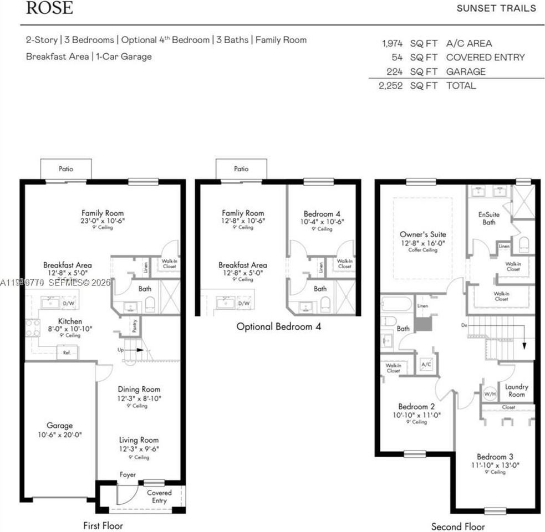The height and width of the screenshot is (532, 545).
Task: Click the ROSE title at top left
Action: tap(49, 8)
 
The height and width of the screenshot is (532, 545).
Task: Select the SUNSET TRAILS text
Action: tap(496, 8)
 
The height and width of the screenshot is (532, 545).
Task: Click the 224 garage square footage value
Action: tap(394, 71)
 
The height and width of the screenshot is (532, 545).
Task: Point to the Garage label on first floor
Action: tap(59, 426)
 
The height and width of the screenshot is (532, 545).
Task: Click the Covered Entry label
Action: tap(159, 497)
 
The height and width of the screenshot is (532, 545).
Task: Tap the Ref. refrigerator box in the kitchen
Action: tap(67, 352)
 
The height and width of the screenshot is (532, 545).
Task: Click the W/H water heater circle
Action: tap(490, 395)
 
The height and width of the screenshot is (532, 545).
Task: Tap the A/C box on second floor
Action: tap(426, 365)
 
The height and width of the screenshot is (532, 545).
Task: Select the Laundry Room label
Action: tap(516, 390)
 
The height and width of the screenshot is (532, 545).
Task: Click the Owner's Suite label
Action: tap(422, 234)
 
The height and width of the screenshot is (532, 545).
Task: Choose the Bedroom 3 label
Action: tap(492, 457)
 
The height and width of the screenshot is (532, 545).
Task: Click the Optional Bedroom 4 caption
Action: tap(278, 326)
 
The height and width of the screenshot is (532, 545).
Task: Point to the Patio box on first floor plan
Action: tap(65, 169)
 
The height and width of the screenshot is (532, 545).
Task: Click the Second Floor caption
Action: tap(458, 526)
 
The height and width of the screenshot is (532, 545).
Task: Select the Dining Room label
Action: tap(139, 390)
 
